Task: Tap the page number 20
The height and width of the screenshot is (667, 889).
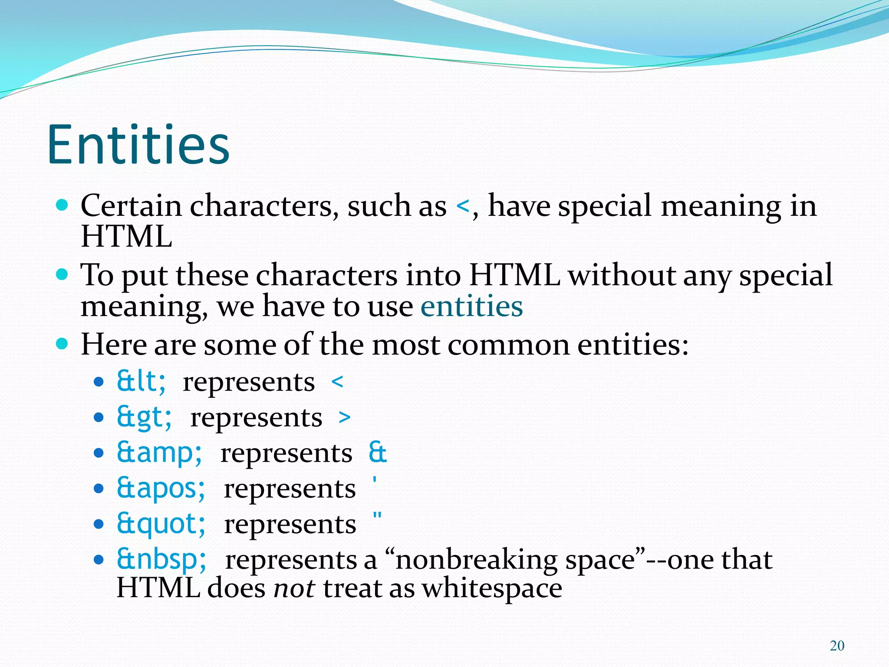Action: (x=837, y=646)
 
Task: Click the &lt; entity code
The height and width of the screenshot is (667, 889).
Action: (x=141, y=382)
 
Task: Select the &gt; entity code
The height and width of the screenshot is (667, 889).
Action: (x=144, y=417)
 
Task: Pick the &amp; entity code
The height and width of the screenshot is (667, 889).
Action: (x=159, y=453)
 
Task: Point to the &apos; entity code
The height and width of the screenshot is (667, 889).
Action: (x=161, y=489)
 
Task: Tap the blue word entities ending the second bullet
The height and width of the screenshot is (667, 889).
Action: (x=472, y=307)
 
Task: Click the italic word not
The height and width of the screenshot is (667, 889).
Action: (x=294, y=588)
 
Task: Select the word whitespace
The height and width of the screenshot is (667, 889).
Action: (x=492, y=588)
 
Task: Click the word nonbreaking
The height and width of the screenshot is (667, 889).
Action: (x=476, y=560)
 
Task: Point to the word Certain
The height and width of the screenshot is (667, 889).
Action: (x=131, y=205)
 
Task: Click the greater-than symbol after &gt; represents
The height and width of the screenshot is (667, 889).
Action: (x=344, y=418)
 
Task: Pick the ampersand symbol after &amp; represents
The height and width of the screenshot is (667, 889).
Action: (x=377, y=453)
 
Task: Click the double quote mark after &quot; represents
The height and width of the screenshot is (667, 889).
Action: (x=377, y=517)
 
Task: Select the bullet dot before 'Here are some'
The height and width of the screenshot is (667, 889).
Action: (x=63, y=344)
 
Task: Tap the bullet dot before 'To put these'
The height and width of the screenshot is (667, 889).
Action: (x=63, y=274)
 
